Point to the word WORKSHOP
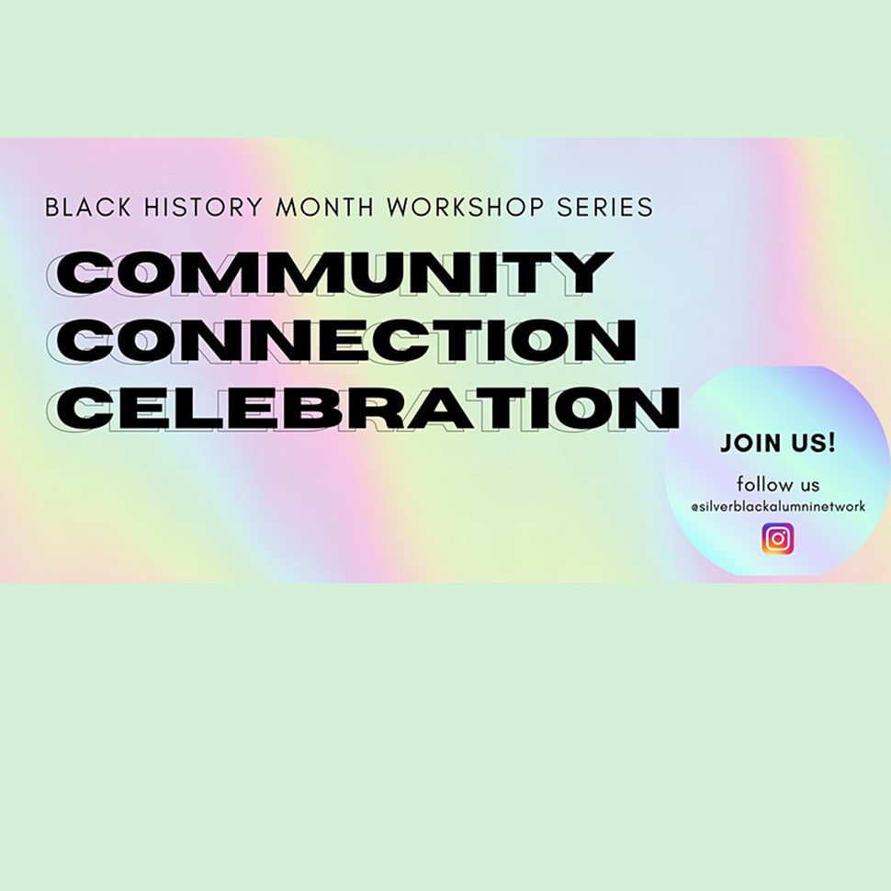(467, 207)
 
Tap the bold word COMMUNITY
(334, 272)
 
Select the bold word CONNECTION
(346, 340)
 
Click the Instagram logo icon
(777, 539)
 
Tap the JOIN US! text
(777, 443)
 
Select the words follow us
(777, 484)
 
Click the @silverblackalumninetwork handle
(777, 506)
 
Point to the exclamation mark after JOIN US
(831, 442)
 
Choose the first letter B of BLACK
(51, 207)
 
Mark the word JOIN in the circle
(748, 443)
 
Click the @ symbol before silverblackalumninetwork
(694, 507)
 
